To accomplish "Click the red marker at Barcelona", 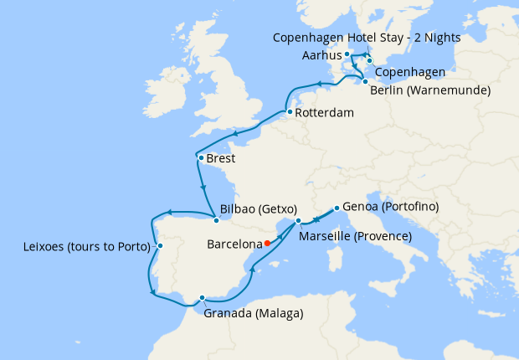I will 267,244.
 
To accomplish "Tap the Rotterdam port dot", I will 288,112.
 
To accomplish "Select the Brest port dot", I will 201,157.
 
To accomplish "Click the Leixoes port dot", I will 160,246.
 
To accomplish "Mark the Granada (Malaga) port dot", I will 203,297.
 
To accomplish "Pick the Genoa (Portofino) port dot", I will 336,208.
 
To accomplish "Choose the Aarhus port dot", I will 347,54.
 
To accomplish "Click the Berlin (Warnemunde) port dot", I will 365,81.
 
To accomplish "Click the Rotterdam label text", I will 323,113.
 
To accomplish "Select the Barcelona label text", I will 234,245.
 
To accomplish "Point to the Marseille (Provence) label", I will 355,237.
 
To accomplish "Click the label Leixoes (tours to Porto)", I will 88,247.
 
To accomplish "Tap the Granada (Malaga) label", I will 254,314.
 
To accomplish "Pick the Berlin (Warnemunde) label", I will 431,90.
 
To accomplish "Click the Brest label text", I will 221,158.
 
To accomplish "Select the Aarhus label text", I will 322,54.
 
